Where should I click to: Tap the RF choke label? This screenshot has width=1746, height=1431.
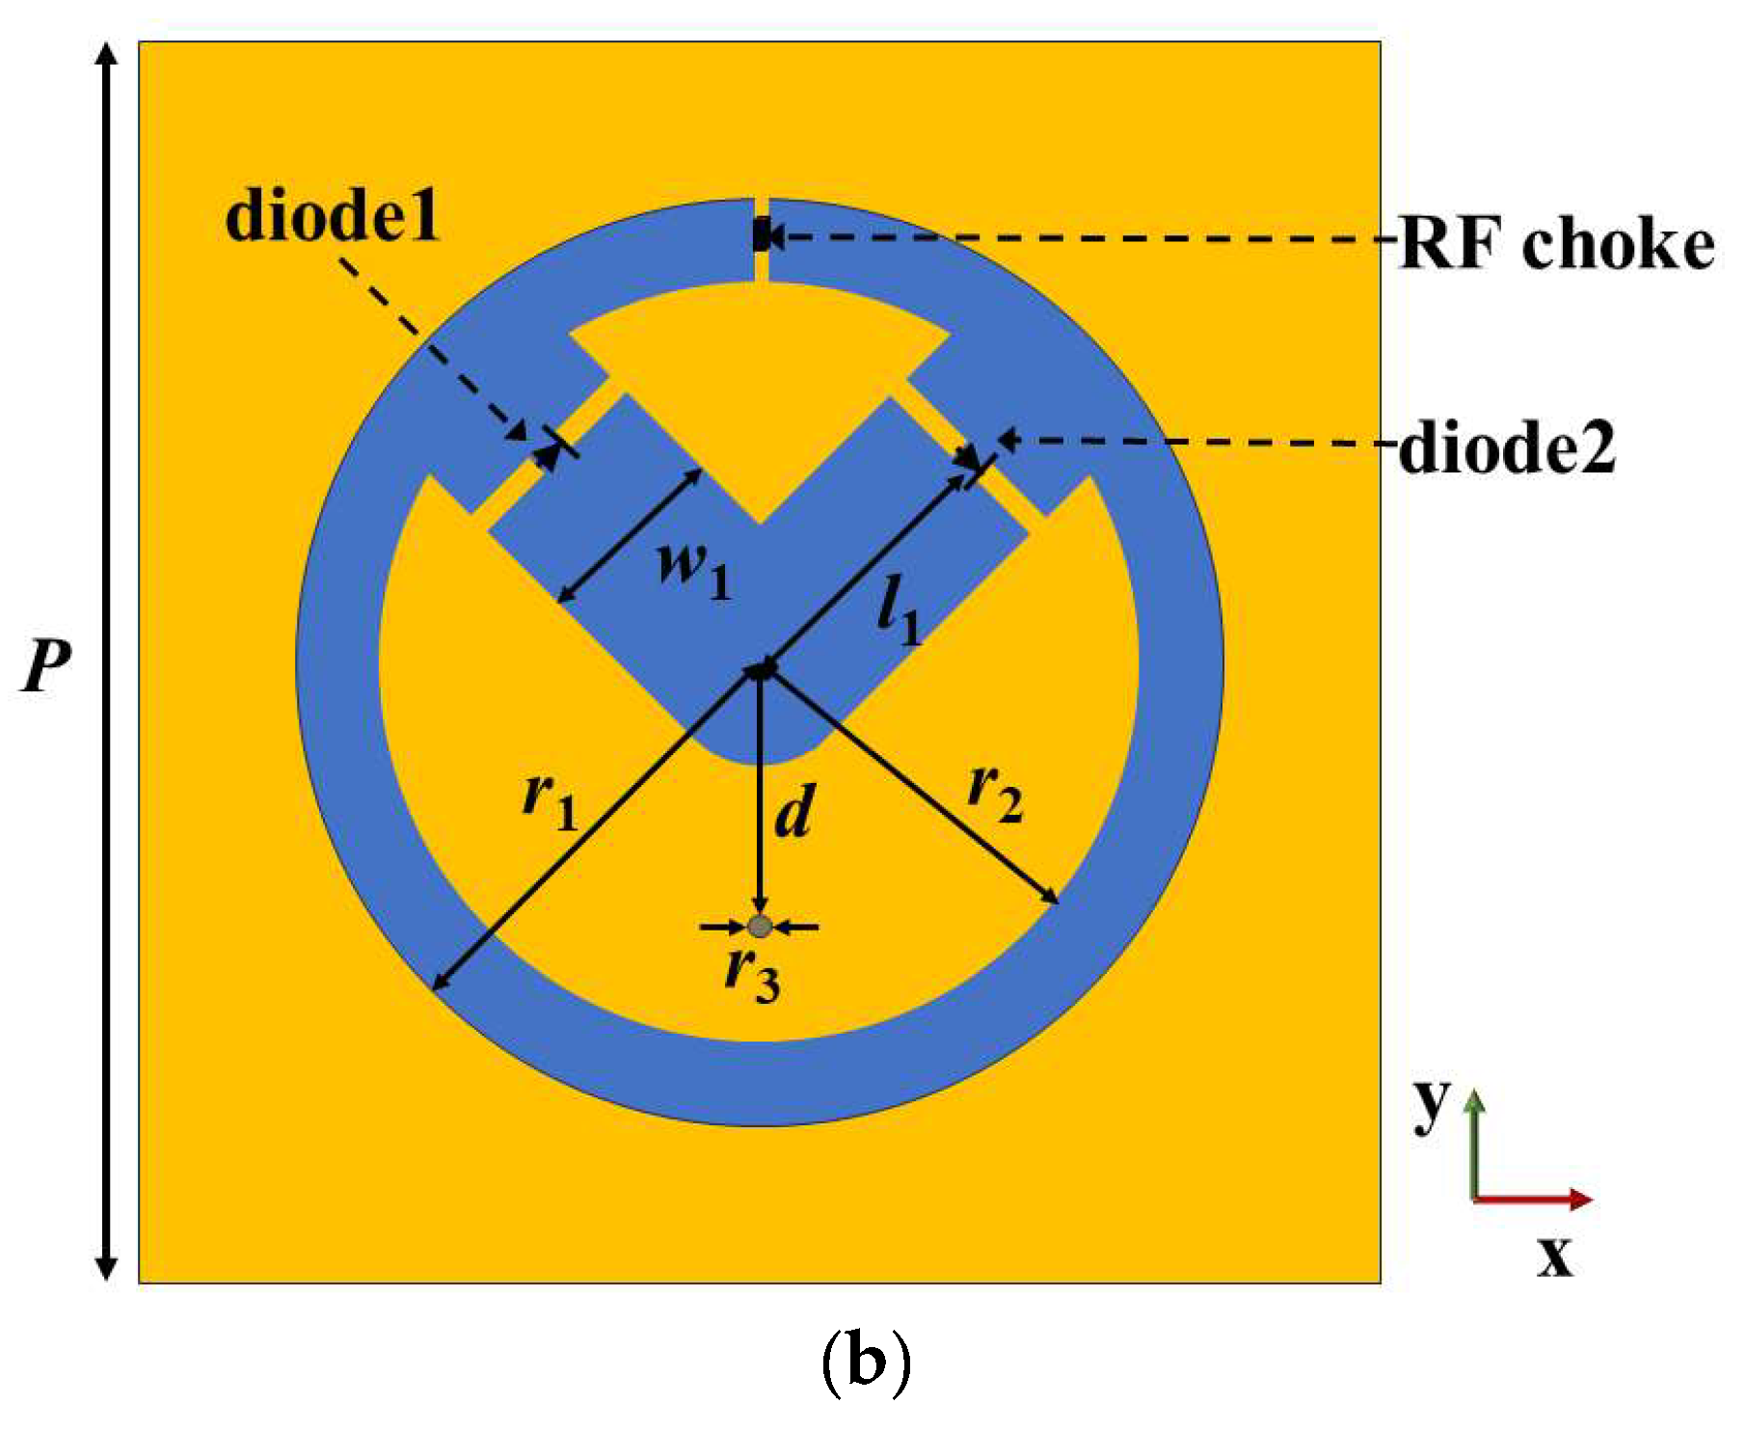point(1556,243)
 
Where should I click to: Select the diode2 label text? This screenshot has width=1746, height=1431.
point(1507,447)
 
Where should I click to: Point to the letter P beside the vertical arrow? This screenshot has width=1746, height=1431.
point(46,665)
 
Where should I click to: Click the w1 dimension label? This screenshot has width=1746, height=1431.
point(693,569)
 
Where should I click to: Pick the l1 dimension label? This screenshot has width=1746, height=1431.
point(899,615)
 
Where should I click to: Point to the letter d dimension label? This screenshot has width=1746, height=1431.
point(794,812)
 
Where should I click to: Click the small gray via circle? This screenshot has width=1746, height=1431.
point(760,927)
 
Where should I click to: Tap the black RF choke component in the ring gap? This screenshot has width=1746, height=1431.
point(762,235)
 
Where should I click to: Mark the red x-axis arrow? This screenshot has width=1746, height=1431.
point(1533,1199)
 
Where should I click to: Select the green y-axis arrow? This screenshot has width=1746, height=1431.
point(1473,1144)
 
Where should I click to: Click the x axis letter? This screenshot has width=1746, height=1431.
point(1554,1255)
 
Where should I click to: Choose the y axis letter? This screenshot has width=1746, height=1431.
point(1432,1101)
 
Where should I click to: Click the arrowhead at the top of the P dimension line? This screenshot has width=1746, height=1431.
point(108,53)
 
